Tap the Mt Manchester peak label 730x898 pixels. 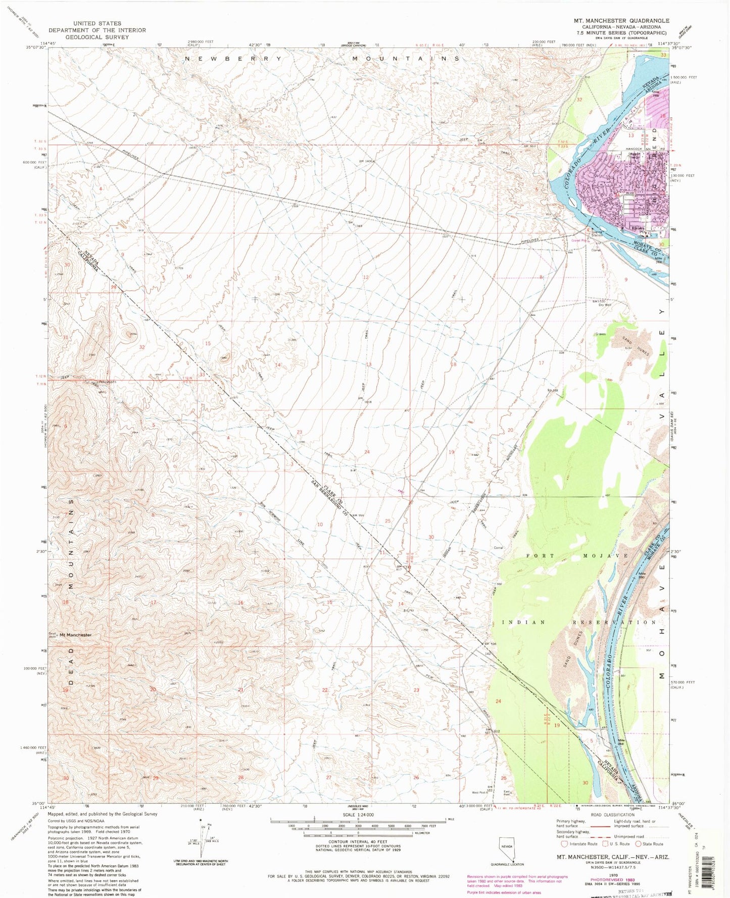coord(75,635)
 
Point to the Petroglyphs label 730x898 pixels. coord(108,382)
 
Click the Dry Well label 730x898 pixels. coord(605,305)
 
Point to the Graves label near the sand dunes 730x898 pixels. coord(600,334)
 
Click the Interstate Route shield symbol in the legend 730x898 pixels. coord(564,844)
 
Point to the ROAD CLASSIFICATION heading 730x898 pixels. coord(612,815)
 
